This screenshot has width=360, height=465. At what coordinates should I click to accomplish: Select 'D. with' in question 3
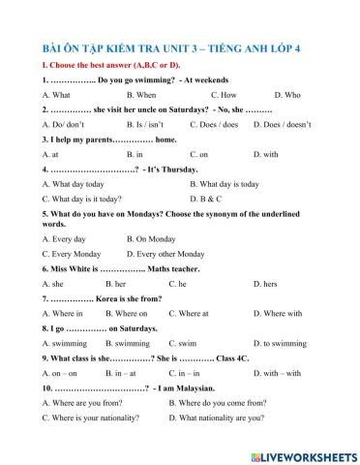265,154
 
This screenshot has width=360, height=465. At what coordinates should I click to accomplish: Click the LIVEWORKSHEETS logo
302,452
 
